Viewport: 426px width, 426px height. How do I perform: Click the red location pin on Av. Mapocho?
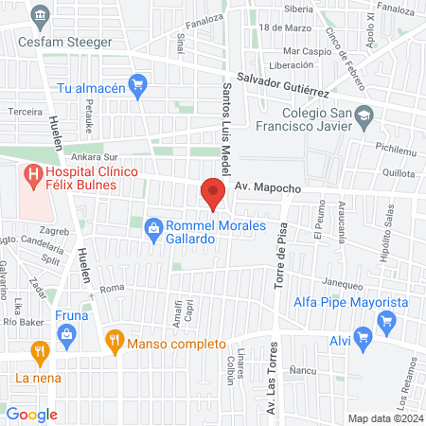click(212, 194)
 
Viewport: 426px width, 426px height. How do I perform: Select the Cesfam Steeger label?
click(71, 42)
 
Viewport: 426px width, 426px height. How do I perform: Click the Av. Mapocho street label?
click(268, 188)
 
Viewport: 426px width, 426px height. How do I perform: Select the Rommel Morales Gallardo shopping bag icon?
click(151, 228)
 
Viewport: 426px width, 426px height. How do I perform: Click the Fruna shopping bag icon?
click(66, 333)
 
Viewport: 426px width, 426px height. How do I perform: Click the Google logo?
click(32, 414)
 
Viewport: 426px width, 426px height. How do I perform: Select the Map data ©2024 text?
click(383, 417)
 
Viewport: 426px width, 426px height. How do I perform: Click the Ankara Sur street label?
click(96, 158)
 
